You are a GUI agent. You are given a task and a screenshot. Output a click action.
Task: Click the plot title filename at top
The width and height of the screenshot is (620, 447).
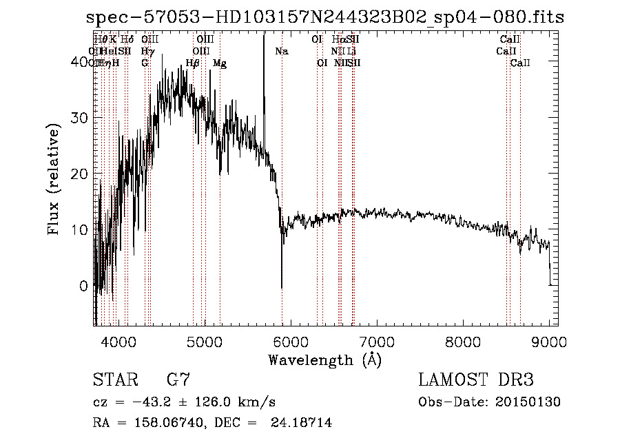324,17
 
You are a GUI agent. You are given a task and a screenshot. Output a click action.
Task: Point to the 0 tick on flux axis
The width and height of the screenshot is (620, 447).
85,285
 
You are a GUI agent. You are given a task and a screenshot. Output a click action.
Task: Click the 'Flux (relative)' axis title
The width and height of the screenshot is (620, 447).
54,179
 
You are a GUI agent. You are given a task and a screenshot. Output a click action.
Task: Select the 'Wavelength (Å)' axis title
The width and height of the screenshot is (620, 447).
324,360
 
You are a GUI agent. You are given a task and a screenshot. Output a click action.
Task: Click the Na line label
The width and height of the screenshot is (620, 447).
281,51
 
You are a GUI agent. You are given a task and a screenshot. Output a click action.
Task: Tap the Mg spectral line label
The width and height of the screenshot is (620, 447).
220,63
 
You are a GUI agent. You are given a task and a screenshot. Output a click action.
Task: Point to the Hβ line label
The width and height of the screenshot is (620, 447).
193,63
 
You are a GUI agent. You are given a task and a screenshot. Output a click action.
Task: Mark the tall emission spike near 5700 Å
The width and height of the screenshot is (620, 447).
263,41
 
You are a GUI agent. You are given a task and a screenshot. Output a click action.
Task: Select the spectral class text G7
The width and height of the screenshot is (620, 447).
178,380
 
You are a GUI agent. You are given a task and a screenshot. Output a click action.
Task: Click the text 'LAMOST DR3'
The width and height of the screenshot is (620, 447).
476,380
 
